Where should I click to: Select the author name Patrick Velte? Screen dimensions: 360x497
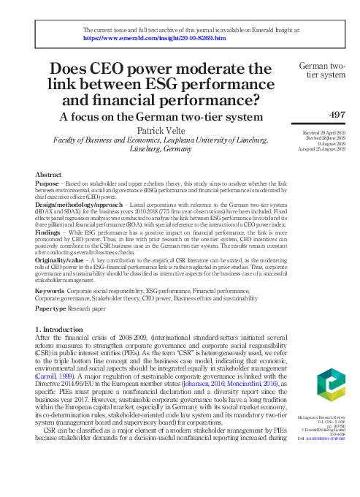pyautogui.click(x=153, y=130)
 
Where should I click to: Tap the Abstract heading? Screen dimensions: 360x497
pyautogui.click(x=48, y=175)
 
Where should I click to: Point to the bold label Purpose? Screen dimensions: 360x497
pyautogui.click(x=48, y=184)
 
